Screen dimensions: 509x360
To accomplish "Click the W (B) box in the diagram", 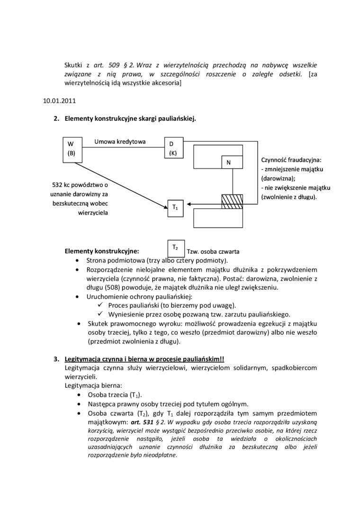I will (72, 149).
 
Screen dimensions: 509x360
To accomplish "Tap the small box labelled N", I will (232, 162).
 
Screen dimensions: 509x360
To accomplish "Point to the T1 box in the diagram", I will (175, 208).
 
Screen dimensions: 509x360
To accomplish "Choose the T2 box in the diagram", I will (175, 247).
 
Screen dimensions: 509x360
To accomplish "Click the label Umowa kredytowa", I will (120, 142).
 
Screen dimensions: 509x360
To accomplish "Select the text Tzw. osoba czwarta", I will (213, 251).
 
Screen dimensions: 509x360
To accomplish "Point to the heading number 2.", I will (55, 118).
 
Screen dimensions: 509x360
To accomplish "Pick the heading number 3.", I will (55, 359).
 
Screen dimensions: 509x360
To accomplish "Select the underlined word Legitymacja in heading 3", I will (83, 359).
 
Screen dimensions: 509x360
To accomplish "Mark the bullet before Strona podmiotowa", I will (78, 260).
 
